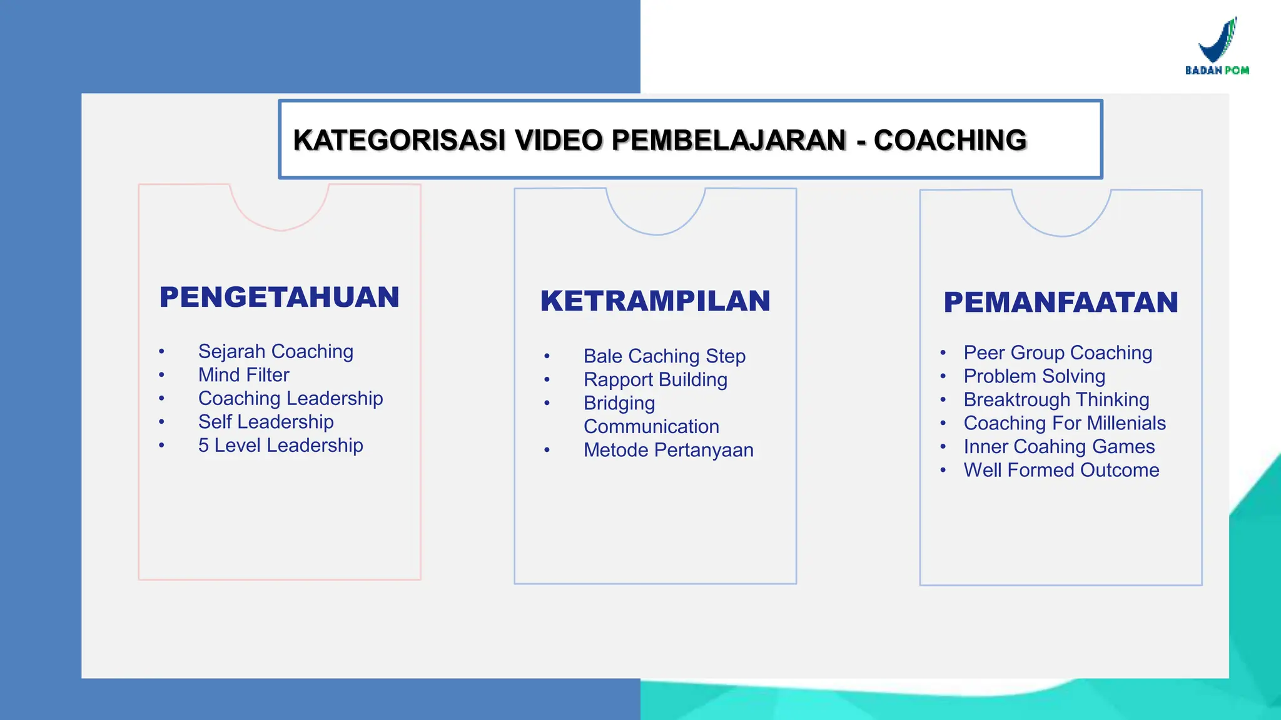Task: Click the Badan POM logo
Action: (1217, 46)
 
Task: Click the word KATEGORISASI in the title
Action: (399, 140)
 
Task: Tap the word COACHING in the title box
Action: (950, 140)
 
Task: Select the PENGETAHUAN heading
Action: (280, 297)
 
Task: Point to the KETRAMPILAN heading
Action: (656, 301)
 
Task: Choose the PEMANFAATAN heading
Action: (1061, 302)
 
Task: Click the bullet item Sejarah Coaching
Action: (276, 351)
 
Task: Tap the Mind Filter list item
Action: (244, 375)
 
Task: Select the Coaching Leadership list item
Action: (291, 398)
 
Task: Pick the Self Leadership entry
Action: (266, 422)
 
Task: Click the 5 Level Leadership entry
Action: (281, 445)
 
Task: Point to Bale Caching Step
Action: (664, 356)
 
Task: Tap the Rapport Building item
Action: (656, 379)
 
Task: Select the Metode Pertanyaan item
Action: (669, 450)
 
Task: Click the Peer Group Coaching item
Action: (1058, 352)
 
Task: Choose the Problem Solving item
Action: (1035, 376)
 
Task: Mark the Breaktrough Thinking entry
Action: (1056, 399)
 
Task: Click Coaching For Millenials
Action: (1065, 423)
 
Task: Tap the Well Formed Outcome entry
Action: (1061, 470)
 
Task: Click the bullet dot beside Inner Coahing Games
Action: (943, 447)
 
